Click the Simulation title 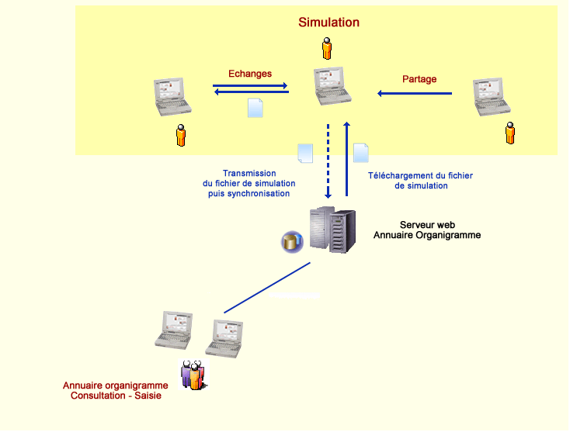coord(328,22)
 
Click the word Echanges coord(250,74)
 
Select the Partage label coord(419,79)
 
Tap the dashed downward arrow coord(328,161)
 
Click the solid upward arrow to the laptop coord(346,159)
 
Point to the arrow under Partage coord(415,94)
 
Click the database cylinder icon coord(292,242)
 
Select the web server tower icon coord(332,230)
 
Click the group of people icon coord(194,375)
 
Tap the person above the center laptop coord(327,48)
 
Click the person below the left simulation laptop coord(181,135)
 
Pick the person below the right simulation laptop coord(510,133)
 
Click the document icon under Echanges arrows coord(255,108)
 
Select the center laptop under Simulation coord(332,86)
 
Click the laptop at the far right coord(492,97)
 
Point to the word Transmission coord(249,174)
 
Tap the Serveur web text coord(427,225)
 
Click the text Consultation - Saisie coord(116,396)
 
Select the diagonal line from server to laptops coord(267,288)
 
